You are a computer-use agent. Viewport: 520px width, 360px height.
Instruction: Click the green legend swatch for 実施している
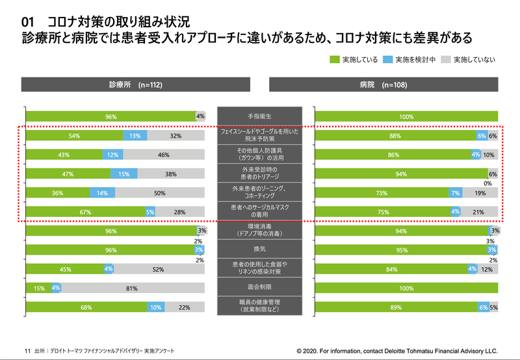335,59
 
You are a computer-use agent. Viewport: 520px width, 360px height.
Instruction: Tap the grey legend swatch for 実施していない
446,59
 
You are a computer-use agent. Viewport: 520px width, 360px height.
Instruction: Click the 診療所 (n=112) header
136,85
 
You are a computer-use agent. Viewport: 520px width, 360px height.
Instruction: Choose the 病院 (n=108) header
383,85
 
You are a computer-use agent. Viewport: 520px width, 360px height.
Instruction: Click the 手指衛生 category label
259,116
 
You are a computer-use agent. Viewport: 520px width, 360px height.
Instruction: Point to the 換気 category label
259,250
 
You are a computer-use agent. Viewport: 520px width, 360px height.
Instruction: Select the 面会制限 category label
259,288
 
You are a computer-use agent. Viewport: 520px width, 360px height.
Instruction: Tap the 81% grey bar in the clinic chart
131,288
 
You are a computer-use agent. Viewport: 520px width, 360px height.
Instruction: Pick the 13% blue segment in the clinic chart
135,136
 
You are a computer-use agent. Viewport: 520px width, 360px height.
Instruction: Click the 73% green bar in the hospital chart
382,193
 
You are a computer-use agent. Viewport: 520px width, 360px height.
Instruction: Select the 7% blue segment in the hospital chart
456,193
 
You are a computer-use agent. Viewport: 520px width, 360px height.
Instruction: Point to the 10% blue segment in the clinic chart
155,307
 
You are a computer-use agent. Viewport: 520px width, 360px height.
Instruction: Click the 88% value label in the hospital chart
394,136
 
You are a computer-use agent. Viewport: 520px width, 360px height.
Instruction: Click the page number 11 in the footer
27,349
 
